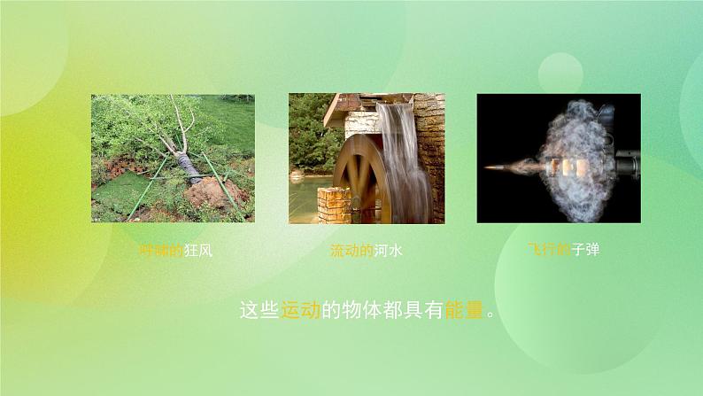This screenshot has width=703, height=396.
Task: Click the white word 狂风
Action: (198, 251)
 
